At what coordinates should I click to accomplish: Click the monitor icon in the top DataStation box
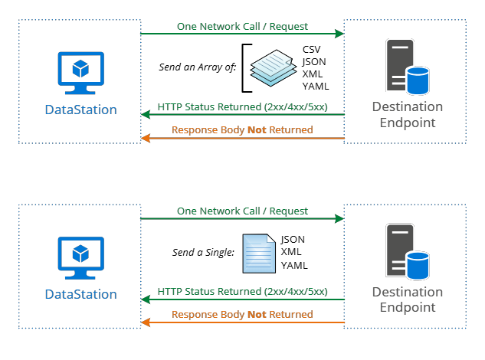(x=80, y=72)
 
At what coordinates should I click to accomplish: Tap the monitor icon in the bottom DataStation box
(x=80, y=257)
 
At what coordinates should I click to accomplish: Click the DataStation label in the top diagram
(x=80, y=110)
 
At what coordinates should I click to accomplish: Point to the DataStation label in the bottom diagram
(x=80, y=294)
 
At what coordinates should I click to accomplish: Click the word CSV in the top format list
(x=313, y=49)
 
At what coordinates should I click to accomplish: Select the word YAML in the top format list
(x=316, y=86)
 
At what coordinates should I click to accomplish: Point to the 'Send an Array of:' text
(x=197, y=67)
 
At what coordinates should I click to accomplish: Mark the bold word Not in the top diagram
(x=257, y=130)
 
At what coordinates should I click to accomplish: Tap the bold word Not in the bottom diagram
(x=257, y=315)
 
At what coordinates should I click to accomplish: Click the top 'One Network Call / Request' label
(x=242, y=26)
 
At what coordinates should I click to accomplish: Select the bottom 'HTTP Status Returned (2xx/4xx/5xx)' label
(x=242, y=291)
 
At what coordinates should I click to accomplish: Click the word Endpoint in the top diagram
(x=407, y=123)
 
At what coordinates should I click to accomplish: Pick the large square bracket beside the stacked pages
(x=245, y=67)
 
